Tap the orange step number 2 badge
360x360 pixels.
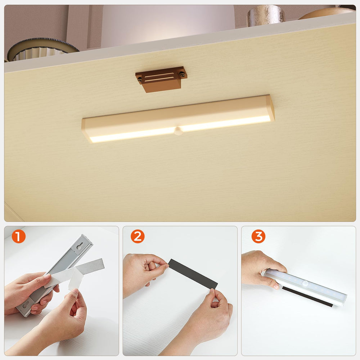point(137,237)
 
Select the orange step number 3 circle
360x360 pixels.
point(258,237)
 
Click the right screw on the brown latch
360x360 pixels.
point(183,75)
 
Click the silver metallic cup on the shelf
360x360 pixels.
point(266,15)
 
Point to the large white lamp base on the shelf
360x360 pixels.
point(167,25)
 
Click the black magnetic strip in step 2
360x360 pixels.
point(193,274)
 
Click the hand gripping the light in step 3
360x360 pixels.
point(261,268)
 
